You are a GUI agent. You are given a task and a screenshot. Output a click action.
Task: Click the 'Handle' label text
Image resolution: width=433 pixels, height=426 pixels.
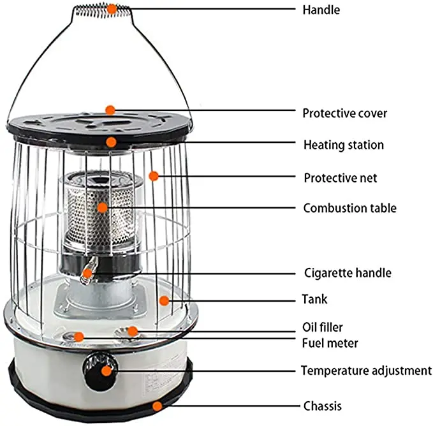tap(322, 10)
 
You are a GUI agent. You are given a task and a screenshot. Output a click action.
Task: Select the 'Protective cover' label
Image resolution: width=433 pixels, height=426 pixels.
tap(344, 113)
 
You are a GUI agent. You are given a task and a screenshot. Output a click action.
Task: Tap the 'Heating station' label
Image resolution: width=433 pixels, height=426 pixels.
tap(343, 145)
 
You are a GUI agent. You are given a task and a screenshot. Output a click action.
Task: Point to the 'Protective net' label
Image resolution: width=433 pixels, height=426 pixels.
tap(340, 177)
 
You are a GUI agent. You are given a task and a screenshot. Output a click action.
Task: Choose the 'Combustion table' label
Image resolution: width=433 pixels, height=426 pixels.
tap(349, 208)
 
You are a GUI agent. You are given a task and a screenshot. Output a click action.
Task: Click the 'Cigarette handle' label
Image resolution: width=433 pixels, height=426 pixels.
tap(347, 273)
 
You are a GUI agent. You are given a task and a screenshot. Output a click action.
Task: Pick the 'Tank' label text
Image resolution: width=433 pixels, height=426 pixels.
tap(316, 298)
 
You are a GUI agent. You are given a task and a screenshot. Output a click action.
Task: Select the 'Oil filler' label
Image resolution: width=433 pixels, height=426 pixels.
tap(322, 327)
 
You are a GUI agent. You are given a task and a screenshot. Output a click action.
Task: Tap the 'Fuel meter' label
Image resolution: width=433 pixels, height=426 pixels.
tap(330, 343)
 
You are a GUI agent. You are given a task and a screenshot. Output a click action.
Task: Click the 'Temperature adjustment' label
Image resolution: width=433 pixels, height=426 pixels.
tap(366, 371)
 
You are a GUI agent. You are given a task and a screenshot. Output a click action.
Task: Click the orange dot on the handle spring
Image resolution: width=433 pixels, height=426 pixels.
tap(112, 9)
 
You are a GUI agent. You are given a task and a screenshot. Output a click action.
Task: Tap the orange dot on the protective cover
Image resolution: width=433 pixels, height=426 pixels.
tap(110, 110)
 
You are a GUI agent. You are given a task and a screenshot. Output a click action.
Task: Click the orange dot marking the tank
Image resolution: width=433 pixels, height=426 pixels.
tap(164, 300)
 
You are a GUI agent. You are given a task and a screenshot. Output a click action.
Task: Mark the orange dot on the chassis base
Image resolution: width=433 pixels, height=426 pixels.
tap(157, 404)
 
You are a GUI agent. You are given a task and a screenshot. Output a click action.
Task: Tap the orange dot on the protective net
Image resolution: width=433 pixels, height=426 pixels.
tap(153, 176)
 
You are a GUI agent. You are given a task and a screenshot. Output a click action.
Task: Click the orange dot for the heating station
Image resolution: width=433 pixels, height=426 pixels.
tap(111, 142)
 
